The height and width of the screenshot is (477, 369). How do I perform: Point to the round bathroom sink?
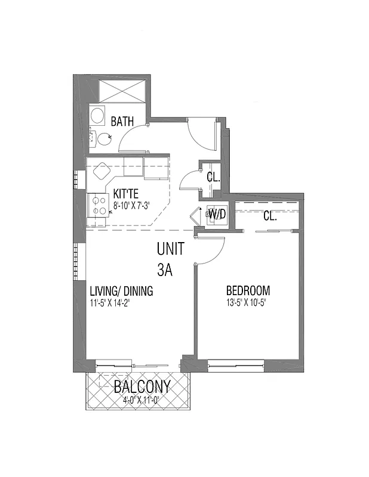point(97,114)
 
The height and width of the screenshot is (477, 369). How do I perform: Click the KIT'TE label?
point(126,195)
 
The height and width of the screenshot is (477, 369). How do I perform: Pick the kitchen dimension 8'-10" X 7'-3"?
point(131,206)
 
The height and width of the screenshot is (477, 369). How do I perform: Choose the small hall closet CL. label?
point(213,178)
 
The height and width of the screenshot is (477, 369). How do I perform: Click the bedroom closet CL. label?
point(270,216)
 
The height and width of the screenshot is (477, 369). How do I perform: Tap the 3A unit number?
point(165,270)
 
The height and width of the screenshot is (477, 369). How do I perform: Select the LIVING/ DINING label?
point(121,292)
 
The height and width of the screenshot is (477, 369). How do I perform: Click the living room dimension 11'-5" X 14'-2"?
point(110,302)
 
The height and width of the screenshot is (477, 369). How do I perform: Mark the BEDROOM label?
point(248,291)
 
